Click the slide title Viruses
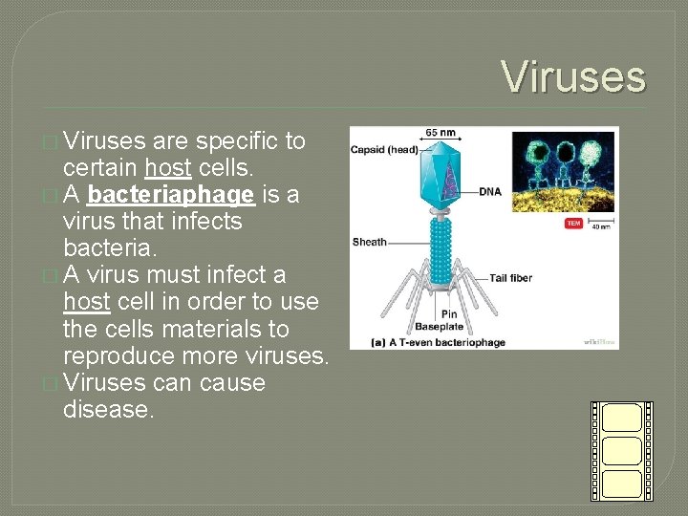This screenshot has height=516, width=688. coord(573,76)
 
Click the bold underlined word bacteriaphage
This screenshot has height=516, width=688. coord(170,195)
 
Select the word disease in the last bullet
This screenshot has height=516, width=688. coord(107,409)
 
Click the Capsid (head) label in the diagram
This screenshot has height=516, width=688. coord(384,149)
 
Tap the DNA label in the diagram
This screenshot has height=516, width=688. coord(490,192)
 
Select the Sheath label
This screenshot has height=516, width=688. coord(369,242)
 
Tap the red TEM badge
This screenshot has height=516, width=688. coord(573,223)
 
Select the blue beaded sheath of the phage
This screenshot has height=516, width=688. coord(441,244)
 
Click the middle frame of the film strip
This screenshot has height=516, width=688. coord(622,450)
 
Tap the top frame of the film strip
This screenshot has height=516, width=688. coord(622,418)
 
